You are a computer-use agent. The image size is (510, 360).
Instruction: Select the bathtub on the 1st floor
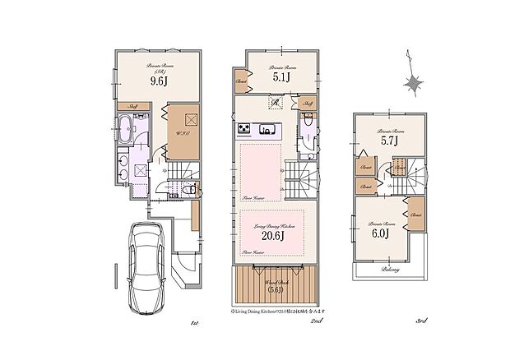tap(124, 129)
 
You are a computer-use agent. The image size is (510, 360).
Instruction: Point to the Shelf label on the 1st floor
tap(133, 106)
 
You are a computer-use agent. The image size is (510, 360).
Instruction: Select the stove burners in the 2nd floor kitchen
tap(245, 129)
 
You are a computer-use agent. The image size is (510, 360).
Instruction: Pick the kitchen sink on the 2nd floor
tap(267, 129)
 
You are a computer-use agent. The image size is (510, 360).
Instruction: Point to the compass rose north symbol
tap(414, 83)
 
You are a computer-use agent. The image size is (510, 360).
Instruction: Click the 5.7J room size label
tap(388, 141)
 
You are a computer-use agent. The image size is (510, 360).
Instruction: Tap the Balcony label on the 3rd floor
tap(390, 270)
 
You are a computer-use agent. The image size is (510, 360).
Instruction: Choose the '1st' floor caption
tap(194, 324)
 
